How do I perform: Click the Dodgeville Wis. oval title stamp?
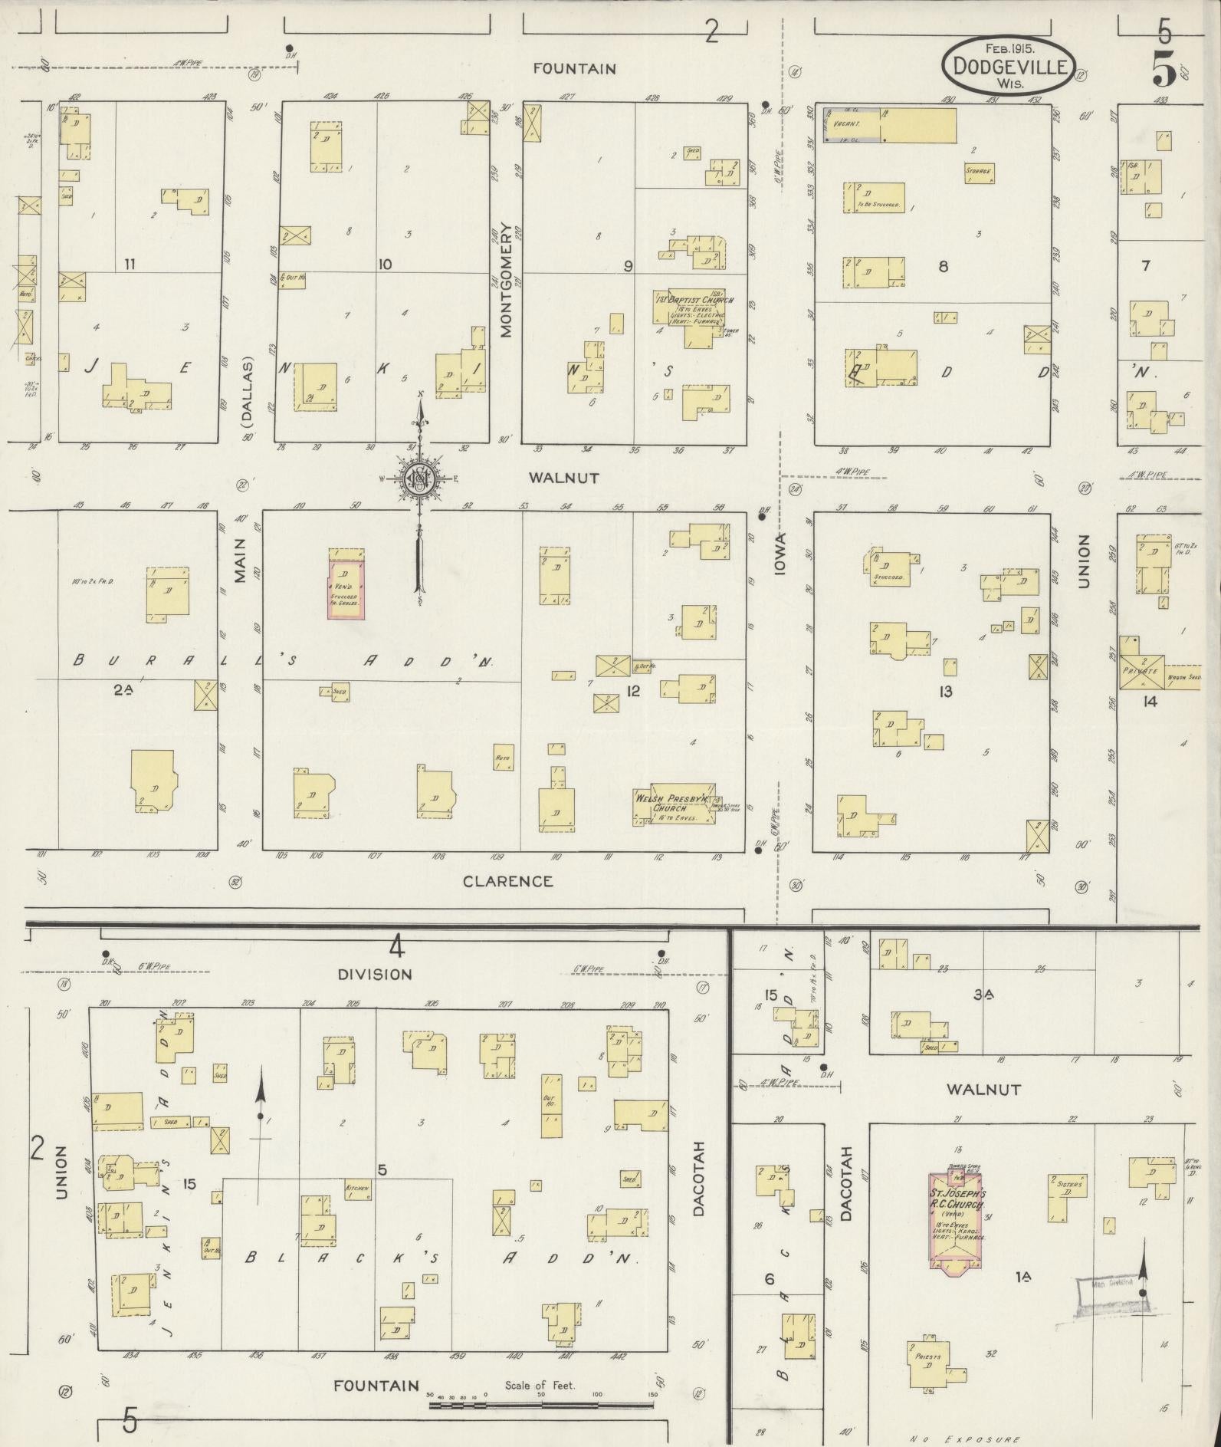1008,66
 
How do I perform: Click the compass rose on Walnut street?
420,479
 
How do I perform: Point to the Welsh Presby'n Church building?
674,804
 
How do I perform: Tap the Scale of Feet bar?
540,869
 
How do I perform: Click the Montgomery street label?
506,280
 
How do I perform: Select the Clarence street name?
507,881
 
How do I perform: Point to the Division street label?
375,975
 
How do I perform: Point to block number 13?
946,692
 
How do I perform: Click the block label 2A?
123,689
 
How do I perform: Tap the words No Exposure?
965,1439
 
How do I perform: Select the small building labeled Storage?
979,173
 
